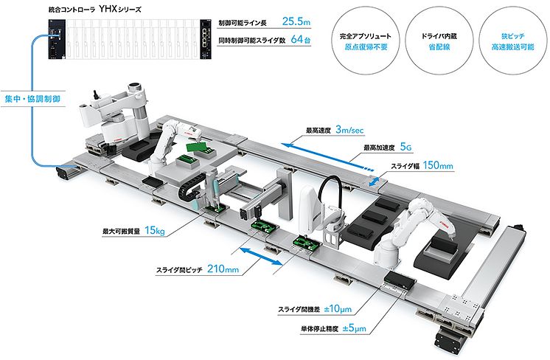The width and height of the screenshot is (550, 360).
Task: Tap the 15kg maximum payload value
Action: (x=156, y=232)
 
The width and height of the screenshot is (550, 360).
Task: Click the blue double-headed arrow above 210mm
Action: (x=260, y=256)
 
